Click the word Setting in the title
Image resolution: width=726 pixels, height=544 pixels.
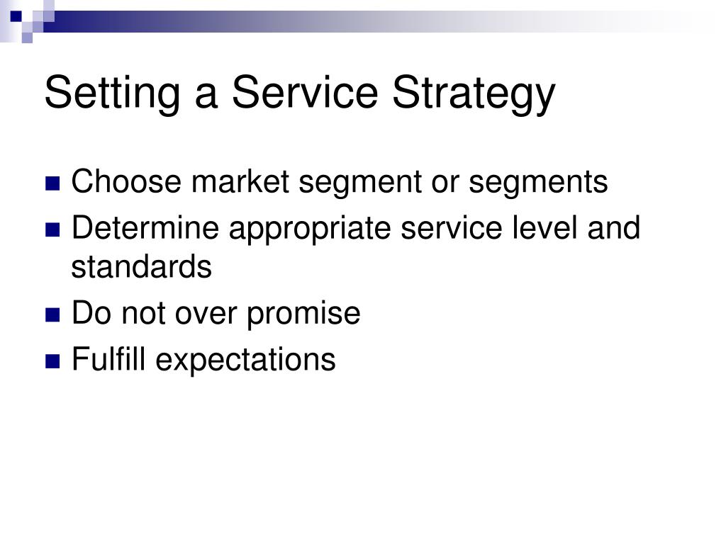click(x=112, y=93)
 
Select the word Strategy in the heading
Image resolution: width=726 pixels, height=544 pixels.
click(x=474, y=93)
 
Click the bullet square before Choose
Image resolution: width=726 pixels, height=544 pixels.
click(x=52, y=183)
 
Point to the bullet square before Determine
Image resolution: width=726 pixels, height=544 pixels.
click(x=52, y=230)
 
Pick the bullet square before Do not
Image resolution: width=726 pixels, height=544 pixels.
click(x=52, y=315)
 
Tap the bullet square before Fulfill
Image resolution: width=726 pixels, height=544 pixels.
click(x=52, y=361)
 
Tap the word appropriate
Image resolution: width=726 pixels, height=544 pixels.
click(x=310, y=230)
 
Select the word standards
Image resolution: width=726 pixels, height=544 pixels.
click(x=141, y=266)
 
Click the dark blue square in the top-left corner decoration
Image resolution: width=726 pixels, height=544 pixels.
click(x=16, y=16)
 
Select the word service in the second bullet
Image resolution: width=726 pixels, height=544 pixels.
click(x=452, y=227)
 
